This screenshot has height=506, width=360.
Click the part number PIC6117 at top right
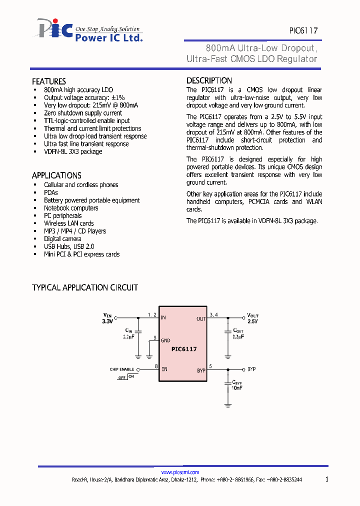point(303,30)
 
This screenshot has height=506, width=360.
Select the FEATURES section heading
point(49,81)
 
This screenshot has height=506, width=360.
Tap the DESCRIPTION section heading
point(209,80)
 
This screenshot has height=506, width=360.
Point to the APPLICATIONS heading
point(56,175)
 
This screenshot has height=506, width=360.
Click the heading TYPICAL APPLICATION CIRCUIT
point(85,287)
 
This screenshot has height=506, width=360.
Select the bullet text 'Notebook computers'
point(71,208)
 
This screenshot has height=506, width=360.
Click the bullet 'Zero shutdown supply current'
point(83,113)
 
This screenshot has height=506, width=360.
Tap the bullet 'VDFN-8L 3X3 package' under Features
point(73,151)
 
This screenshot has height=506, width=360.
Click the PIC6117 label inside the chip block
point(184,349)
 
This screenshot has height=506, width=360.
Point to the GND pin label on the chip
point(165,340)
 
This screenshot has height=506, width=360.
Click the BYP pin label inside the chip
point(201,370)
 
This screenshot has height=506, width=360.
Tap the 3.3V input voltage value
point(108,321)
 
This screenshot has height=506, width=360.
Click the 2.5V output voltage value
point(252,321)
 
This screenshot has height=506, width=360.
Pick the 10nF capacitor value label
point(237,388)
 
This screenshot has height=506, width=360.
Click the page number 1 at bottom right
point(327,479)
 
